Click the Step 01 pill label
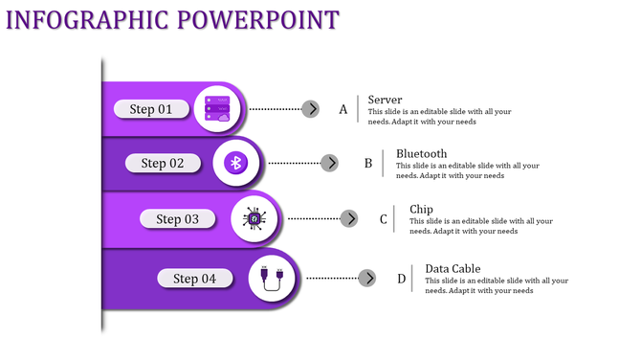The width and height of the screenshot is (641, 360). pos(151,109)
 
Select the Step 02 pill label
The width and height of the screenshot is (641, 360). pos(163,163)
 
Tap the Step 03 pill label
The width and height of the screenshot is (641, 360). pos(178,219)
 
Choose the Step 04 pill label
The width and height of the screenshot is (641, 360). pos(195,279)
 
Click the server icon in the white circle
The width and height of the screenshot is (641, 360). pos(217,109)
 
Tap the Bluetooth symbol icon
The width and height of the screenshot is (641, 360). pos(236,163)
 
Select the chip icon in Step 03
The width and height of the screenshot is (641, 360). pos(254,219)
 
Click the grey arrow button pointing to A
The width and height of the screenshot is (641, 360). pos(310,109)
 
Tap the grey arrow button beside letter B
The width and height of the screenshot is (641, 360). pos(329,163)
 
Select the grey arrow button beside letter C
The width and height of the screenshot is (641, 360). pos(349,219)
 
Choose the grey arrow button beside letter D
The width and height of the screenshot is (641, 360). pos(367,279)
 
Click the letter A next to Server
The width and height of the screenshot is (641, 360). pos(343,110)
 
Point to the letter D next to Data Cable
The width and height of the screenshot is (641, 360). pos(402,280)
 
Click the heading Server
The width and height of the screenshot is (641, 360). pos(385,100)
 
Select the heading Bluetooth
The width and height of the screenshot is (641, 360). pos(421,153)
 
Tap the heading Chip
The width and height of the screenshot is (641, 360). pos(421,210)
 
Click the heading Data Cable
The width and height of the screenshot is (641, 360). pos(453,269)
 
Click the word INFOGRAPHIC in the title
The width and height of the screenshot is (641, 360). pos(93,19)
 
